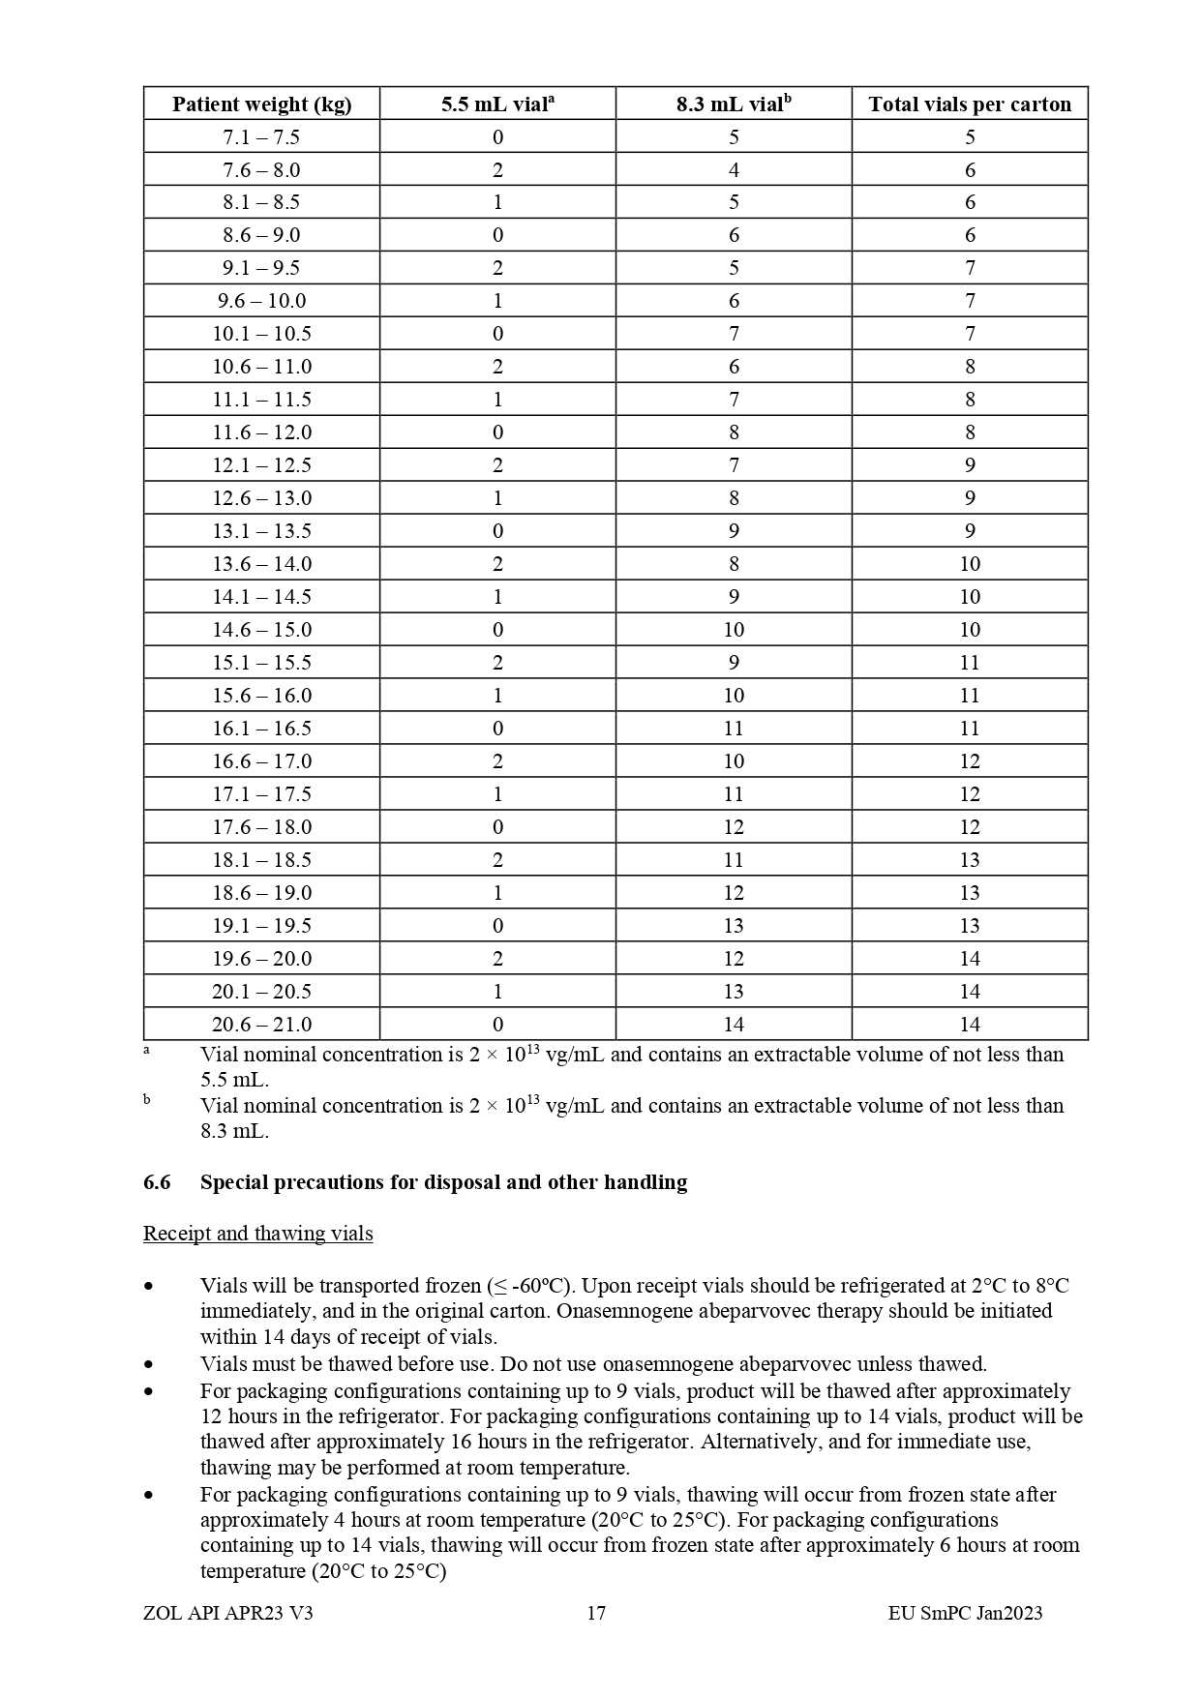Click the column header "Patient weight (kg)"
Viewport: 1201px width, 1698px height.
pos(261,104)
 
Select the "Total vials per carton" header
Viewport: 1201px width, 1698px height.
pos(970,104)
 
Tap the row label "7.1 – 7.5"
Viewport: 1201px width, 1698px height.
pos(261,137)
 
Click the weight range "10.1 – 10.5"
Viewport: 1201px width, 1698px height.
pos(261,334)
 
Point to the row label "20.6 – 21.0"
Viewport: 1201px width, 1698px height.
pos(261,1025)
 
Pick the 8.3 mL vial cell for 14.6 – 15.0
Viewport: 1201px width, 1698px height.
pos(734,630)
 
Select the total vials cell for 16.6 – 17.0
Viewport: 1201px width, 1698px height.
pos(970,761)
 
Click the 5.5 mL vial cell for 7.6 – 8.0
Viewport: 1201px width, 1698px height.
pos(497,170)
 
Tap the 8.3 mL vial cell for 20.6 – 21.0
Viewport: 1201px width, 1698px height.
pos(734,1025)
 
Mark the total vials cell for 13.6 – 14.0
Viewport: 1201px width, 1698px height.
pos(970,564)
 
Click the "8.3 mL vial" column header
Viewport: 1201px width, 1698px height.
pos(734,104)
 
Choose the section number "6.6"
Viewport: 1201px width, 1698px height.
pos(157,1182)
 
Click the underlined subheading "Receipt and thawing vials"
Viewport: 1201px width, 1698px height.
pos(257,1234)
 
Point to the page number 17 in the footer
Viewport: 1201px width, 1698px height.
pos(596,1613)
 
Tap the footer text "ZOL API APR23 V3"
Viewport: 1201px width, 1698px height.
pos(227,1613)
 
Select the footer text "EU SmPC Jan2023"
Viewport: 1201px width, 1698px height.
pos(965,1613)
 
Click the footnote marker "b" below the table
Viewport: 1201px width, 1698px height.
pos(147,1099)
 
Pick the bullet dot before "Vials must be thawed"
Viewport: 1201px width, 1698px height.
pos(148,1365)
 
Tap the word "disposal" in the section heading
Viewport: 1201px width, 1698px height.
pos(462,1182)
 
